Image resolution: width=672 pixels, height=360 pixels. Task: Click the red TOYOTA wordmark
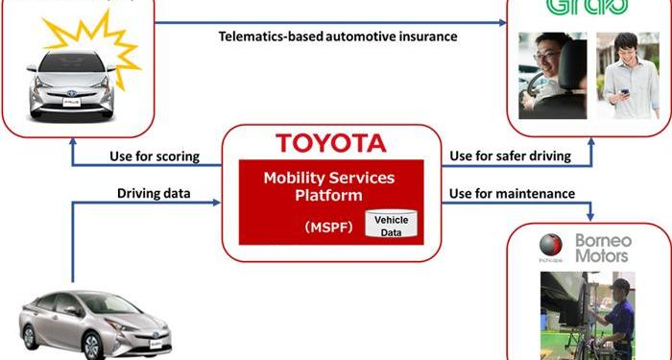pyautogui.click(x=330, y=144)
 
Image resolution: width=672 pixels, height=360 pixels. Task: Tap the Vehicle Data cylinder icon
pyautogui.click(x=391, y=227)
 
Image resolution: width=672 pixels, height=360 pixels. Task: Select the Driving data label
pyautogui.click(x=154, y=193)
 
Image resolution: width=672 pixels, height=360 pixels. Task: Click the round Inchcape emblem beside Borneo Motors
pyautogui.click(x=551, y=243)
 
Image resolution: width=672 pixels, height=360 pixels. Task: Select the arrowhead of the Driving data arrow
pyautogui.click(x=217, y=202)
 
